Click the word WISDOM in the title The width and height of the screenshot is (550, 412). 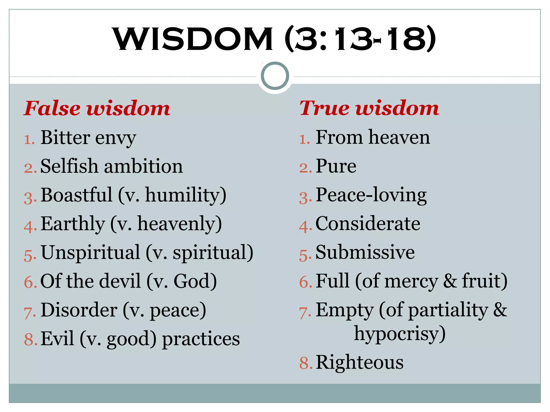pos(193,39)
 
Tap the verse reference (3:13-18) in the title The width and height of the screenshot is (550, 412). pos(360,39)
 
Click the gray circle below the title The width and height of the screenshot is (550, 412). pos(275,76)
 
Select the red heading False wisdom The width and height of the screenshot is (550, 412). pos(97,108)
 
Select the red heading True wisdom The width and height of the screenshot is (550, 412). pos(369,108)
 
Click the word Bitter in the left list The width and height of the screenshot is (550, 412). pos(65,138)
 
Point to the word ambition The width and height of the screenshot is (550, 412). pos(143,166)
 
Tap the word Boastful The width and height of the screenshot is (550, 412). pos(77,195)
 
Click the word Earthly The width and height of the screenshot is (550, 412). pos(73,224)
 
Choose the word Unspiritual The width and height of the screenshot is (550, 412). pos(91,252)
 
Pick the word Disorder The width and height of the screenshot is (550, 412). pos(79,310)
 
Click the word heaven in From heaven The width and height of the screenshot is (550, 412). pos(399,138)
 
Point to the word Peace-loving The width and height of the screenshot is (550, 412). pos(371,195)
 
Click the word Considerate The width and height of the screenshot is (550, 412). pos(368,224)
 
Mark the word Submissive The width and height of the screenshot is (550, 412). pos(365,252)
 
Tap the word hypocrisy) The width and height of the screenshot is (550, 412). pos(400,334)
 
